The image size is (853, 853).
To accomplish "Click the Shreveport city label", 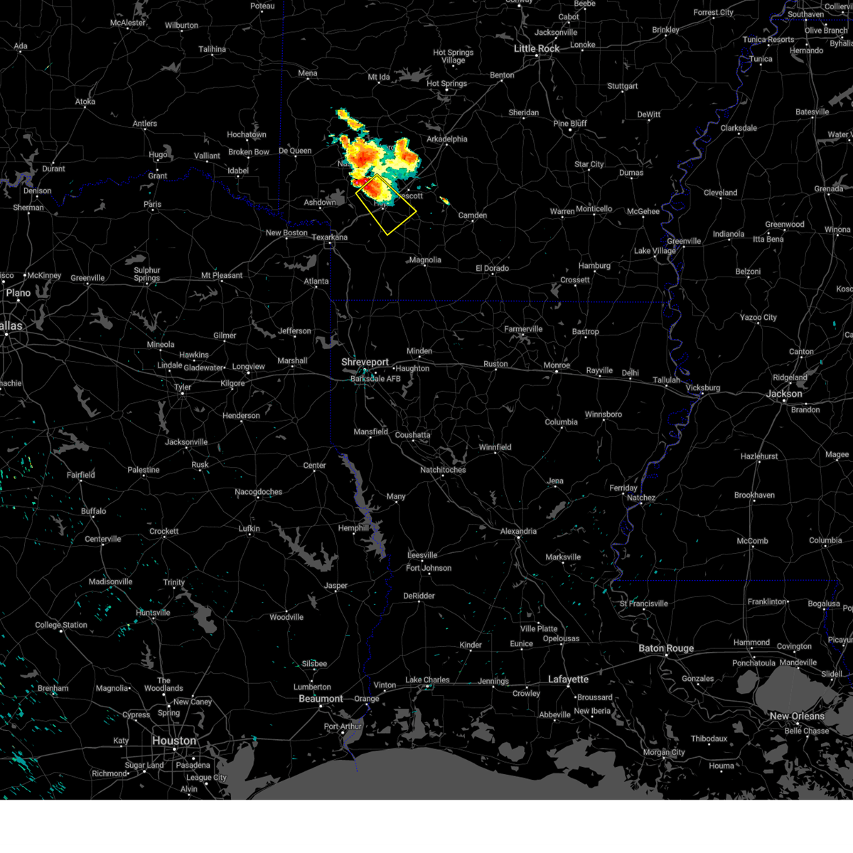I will (x=365, y=363).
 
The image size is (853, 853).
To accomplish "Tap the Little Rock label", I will (x=537, y=48).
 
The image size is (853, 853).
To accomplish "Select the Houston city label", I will (x=173, y=741).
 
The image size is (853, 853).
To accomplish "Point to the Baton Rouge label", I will (x=665, y=648).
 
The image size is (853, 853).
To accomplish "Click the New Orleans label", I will (x=797, y=716).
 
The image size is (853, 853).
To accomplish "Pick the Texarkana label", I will (x=329, y=237).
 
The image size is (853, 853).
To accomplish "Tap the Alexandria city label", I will (x=518, y=531).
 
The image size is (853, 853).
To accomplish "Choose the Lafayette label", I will (x=568, y=680).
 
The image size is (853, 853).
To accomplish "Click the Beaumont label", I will (x=321, y=699).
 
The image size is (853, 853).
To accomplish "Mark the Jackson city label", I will (x=784, y=394).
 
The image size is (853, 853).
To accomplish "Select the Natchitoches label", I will (x=443, y=470).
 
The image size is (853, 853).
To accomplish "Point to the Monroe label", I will (x=557, y=365).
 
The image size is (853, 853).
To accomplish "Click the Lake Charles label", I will (x=427, y=680).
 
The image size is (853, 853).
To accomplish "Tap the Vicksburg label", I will (x=702, y=388).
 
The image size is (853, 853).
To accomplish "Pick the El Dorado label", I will (x=492, y=268).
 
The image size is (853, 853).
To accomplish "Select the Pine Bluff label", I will (x=570, y=124).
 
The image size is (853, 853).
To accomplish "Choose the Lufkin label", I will (x=249, y=529).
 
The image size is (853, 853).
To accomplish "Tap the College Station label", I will (x=61, y=626).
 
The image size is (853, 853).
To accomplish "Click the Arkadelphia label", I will (x=446, y=139).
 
